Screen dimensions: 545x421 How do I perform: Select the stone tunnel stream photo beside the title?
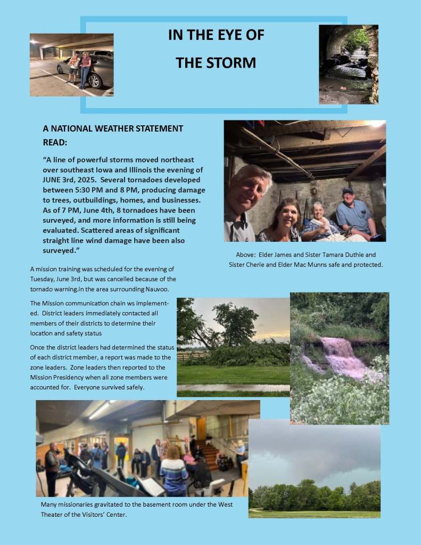[349, 64]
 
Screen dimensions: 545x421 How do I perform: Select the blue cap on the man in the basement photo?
[348, 191]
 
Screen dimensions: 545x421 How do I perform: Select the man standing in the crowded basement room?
[52, 466]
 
